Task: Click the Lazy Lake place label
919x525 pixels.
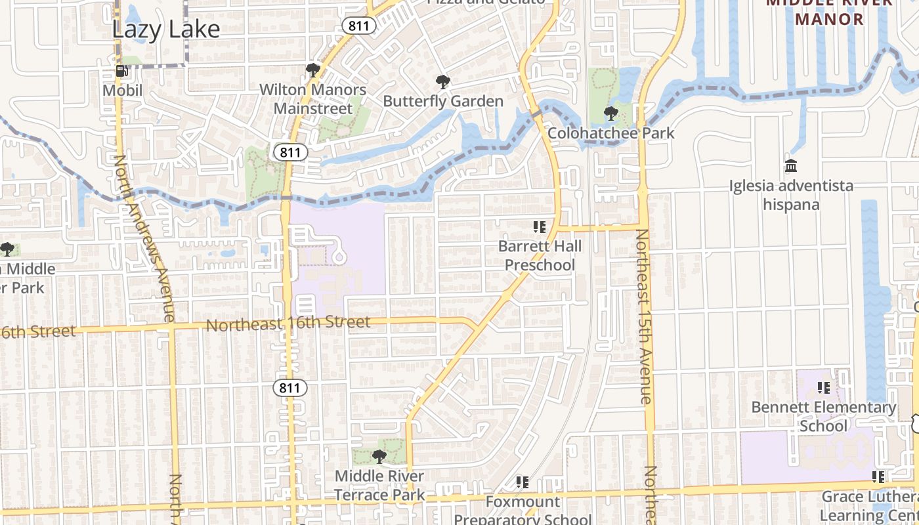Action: click(x=165, y=30)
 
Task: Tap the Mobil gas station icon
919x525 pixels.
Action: click(x=122, y=71)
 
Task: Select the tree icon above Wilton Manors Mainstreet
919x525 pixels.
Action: click(x=313, y=70)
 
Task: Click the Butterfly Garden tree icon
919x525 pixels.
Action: click(x=443, y=82)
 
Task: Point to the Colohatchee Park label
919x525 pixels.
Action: click(x=610, y=133)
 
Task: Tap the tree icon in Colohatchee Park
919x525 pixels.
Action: click(x=611, y=114)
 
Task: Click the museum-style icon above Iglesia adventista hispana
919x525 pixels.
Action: click(x=791, y=165)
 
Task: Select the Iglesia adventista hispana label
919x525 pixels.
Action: click(x=791, y=195)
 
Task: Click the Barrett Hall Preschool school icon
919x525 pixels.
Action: click(x=540, y=227)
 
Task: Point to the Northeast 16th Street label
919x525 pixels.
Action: click(x=288, y=324)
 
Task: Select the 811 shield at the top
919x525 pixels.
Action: click(x=358, y=26)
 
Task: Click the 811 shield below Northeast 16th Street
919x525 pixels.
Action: click(x=289, y=388)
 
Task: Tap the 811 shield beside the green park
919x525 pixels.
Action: click(x=289, y=153)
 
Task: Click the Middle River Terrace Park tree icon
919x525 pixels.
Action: click(x=379, y=456)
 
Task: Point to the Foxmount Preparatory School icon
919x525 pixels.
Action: click(x=523, y=482)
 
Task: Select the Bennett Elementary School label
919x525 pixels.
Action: click(x=823, y=417)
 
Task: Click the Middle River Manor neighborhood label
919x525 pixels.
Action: click(x=829, y=11)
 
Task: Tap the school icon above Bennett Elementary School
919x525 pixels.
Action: click(x=824, y=388)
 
